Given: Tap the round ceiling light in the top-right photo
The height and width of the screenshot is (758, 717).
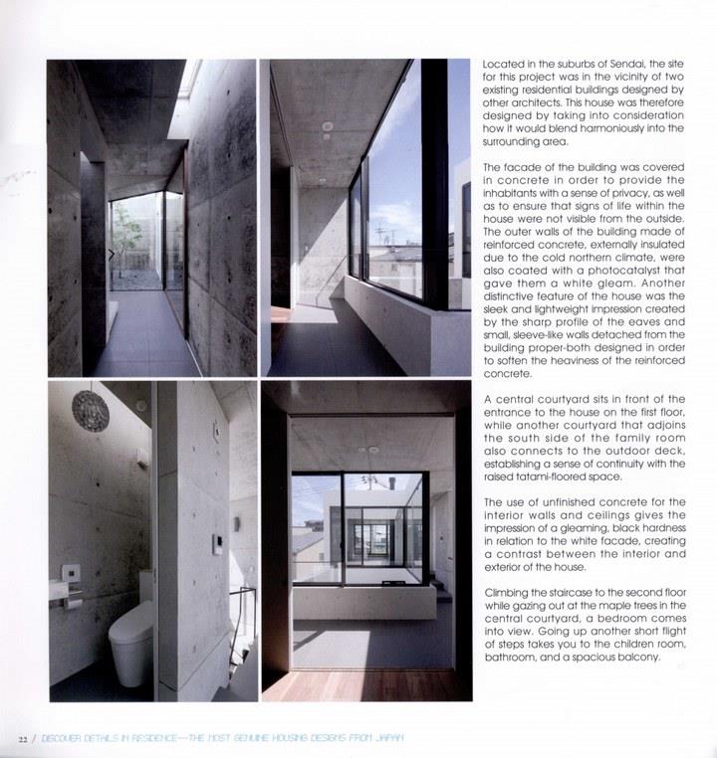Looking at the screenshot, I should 328,126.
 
